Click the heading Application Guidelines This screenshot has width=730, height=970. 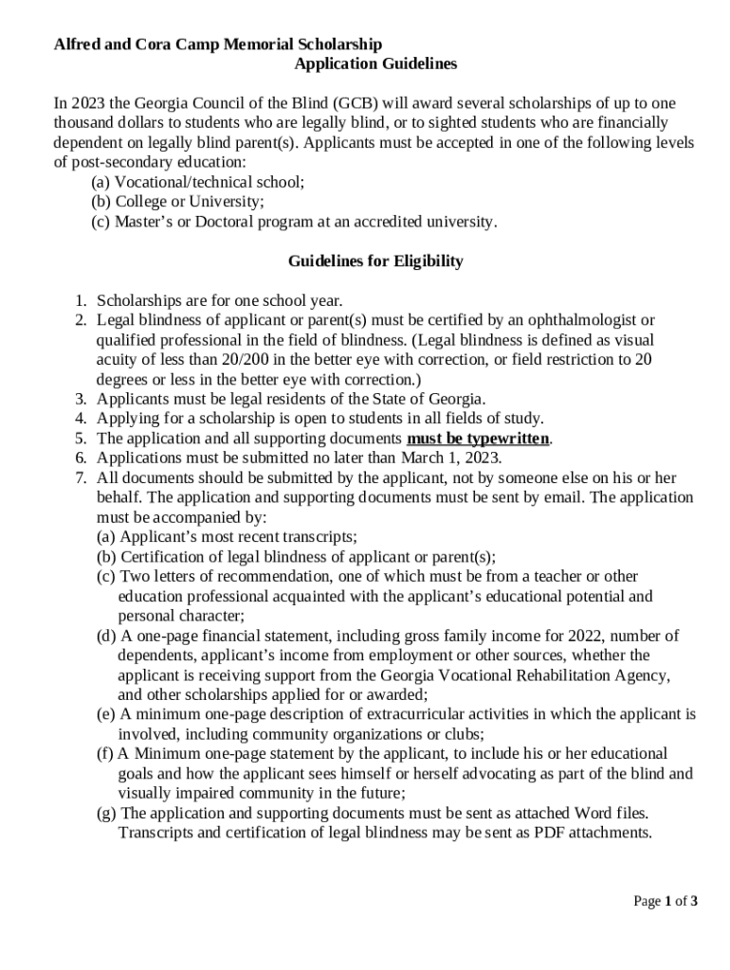coord(375,64)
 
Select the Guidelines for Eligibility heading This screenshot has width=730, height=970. coord(375,261)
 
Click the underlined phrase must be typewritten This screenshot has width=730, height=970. coord(479,439)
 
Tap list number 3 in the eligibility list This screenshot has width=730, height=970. coord(82,399)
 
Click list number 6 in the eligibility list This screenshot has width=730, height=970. coord(82,458)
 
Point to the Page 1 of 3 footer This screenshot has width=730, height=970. coord(666,901)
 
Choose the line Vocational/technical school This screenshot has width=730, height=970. coord(210,182)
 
